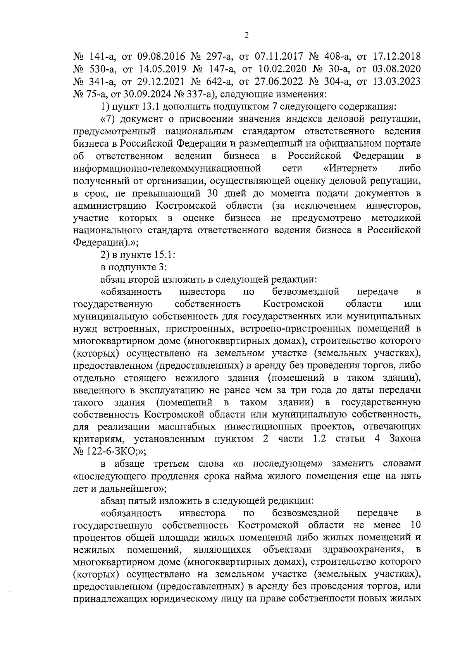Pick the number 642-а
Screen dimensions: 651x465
tap(219, 82)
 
